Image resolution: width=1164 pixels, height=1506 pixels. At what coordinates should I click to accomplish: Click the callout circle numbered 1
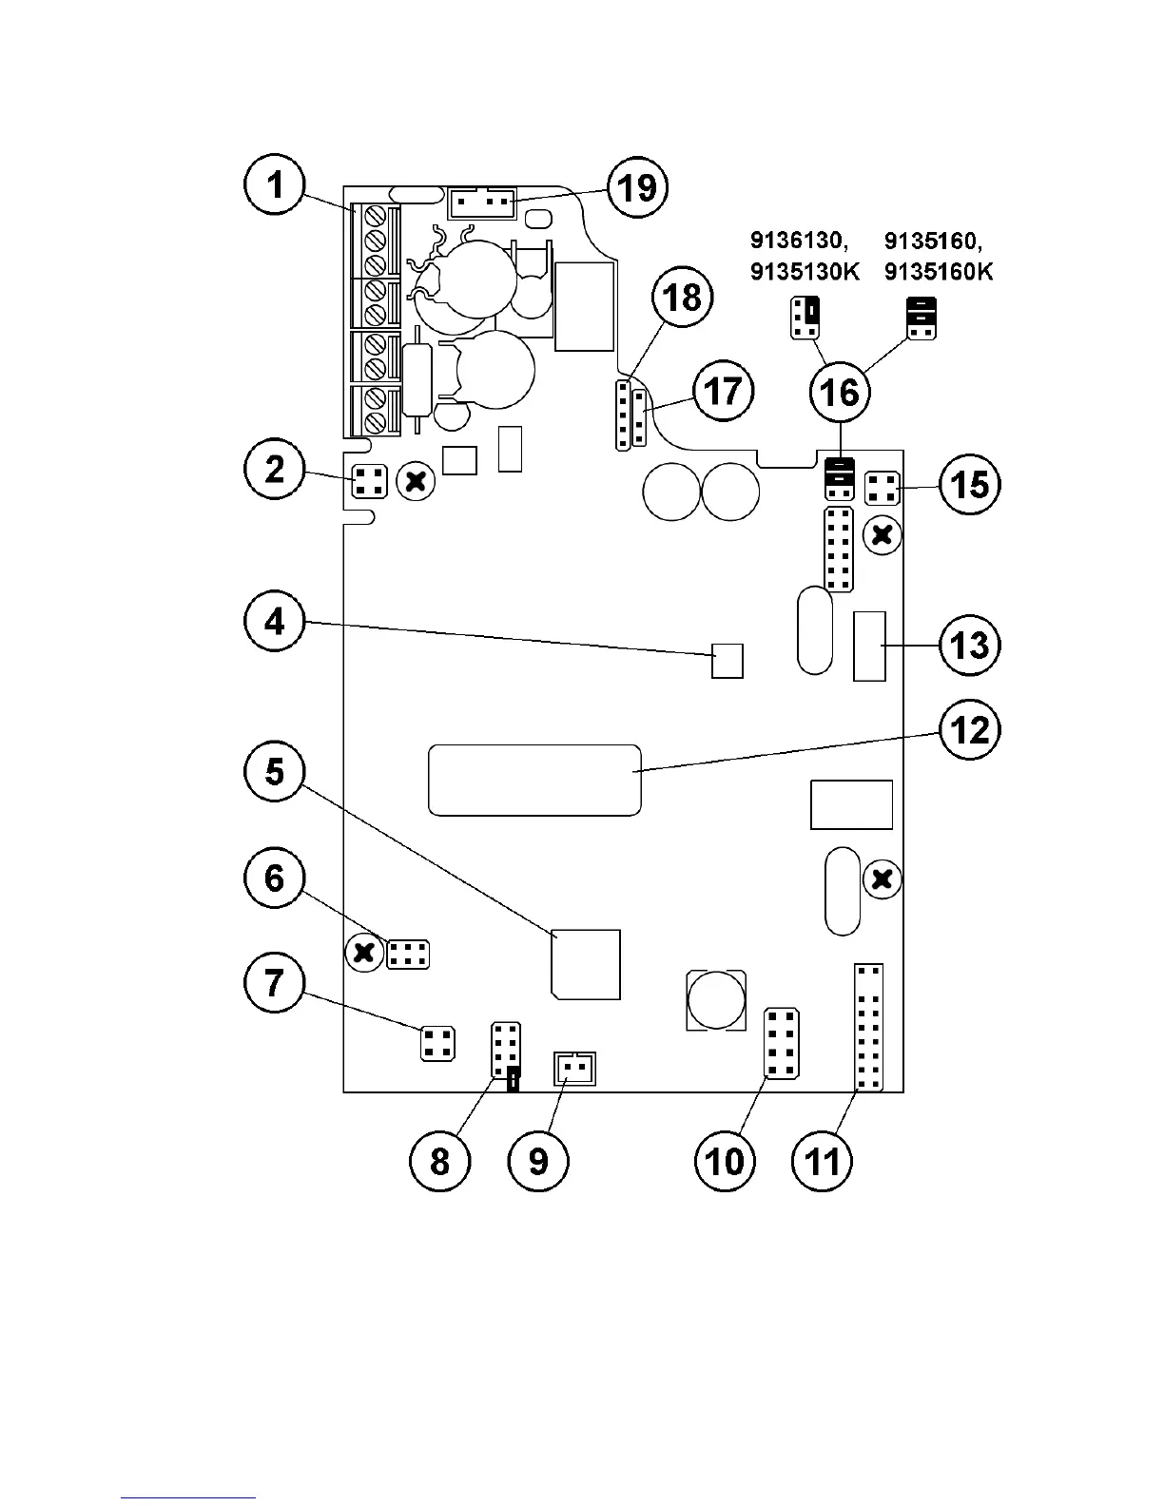coord(276,185)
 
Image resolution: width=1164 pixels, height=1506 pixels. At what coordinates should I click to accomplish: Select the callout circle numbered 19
coord(637,187)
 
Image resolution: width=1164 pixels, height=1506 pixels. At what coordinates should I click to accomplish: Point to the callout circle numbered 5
coord(275,770)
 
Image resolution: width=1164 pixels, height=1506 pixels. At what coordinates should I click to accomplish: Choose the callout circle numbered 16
coord(840,391)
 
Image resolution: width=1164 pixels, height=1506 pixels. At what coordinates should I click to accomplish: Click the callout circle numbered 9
coord(538,1160)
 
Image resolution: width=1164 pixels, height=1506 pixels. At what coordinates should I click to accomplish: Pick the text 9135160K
coord(938,272)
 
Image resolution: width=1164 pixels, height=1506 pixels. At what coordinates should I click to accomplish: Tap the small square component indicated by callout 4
coord(727,661)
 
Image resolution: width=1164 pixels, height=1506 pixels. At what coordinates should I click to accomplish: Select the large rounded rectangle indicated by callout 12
coord(534,780)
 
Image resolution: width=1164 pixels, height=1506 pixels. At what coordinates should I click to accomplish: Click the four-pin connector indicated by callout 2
coord(368,482)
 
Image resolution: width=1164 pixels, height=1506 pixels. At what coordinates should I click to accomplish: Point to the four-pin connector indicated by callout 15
coord(882,489)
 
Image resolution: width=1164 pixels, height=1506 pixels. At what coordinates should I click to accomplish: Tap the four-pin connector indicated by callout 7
coord(437,1044)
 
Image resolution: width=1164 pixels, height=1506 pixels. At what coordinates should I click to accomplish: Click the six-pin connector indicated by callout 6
coord(409,953)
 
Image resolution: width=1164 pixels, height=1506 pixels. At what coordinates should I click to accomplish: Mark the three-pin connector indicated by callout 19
coord(482,202)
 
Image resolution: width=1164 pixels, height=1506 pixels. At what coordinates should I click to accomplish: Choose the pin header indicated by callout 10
coord(782,1043)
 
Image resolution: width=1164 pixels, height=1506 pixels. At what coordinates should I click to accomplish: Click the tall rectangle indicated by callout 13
coord(869,647)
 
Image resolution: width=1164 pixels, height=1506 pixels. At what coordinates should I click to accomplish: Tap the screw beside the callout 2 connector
coord(416,482)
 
